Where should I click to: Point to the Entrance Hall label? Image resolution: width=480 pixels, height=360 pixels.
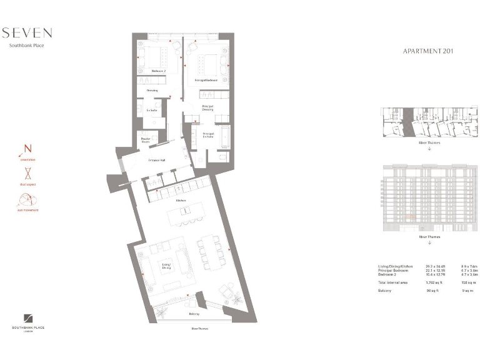click(x=157, y=160)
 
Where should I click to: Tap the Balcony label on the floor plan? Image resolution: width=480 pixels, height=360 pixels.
click(x=194, y=314)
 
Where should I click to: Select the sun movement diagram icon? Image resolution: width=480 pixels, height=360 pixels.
click(x=27, y=200)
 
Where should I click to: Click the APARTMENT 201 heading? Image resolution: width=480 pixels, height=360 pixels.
click(x=427, y=51)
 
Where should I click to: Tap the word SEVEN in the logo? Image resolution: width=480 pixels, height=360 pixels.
click(x=27, y=33)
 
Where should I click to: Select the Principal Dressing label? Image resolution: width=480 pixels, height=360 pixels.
click(x=207, y=108)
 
